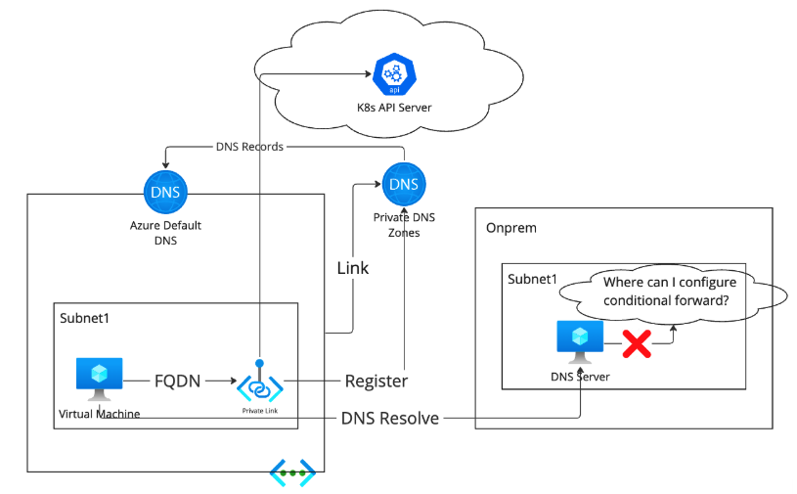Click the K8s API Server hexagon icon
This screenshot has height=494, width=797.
[395, 73]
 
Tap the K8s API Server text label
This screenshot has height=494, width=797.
[395, 107]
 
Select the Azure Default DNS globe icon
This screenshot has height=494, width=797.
[165, 192]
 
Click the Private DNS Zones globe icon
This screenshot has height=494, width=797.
[404, 184]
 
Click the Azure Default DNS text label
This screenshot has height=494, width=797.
[165, 232]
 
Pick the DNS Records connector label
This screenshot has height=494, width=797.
[249, 147]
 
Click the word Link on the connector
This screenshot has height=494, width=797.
[353, 267]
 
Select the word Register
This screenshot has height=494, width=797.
[376, 381]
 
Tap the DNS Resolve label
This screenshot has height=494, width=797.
[389, 419]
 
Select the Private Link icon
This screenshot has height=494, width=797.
[259, 386]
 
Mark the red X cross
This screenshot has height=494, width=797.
[638, 343]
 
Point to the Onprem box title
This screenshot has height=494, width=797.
[510, 228]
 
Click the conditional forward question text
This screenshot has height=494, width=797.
[666, 292]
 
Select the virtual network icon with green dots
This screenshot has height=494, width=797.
[292, 474]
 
